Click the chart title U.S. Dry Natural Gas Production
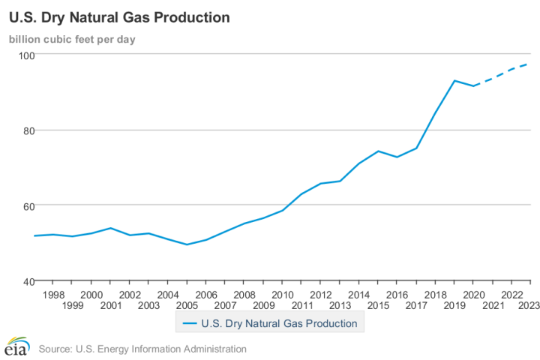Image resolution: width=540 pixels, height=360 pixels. [119, 16]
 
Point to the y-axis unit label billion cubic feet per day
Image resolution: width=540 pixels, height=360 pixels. [72, 39]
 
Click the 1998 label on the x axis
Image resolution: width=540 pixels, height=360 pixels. [53, 295]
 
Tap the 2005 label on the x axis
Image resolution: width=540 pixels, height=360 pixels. [187, 305]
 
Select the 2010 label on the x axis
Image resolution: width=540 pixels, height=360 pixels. [282, 295]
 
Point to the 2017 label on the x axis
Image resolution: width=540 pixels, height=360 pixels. [415, 305]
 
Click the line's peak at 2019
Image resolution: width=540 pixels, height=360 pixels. [454, 80]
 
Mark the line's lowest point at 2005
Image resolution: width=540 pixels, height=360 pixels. [187, 244]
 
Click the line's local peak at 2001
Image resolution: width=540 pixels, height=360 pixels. [110, 228]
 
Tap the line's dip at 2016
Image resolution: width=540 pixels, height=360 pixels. [397, 157]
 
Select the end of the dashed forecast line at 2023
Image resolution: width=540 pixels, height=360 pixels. [529, 64]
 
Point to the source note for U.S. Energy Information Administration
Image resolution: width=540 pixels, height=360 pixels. [142, 349]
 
